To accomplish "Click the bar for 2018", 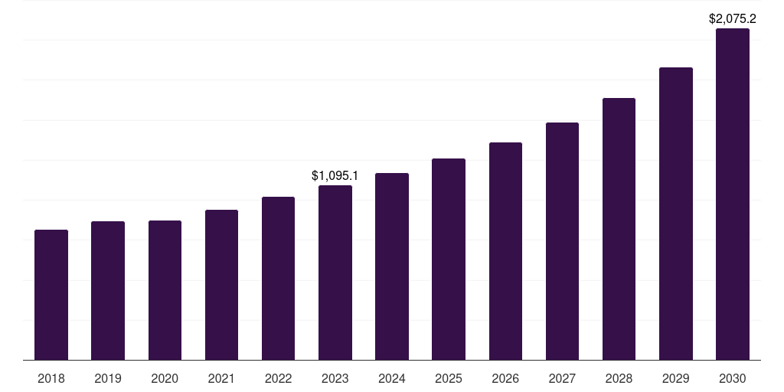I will pos(51,295).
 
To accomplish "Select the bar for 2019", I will pos(108,291).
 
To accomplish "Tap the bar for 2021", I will pos(221,285).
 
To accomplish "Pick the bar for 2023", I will pos(335,273).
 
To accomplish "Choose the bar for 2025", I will pos(449,260).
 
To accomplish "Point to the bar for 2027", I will pos(562,241).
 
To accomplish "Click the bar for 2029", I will pos(676,214).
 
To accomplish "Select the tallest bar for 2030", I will pos(733,194).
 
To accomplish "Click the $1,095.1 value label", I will pos(335,175).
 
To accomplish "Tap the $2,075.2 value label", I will pos(733,18).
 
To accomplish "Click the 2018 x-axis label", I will pos(51,378).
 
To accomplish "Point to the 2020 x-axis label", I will pos(165,378).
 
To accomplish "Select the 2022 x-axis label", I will pos(278,378).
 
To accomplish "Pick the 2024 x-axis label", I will pos(392,378).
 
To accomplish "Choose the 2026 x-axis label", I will pos(505,378).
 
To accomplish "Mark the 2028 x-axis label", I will pos(619,378).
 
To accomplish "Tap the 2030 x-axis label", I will pos(733,378).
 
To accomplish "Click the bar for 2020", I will pos(165,290).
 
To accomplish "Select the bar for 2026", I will pos(505,251).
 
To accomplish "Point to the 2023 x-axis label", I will pos(335,378).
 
